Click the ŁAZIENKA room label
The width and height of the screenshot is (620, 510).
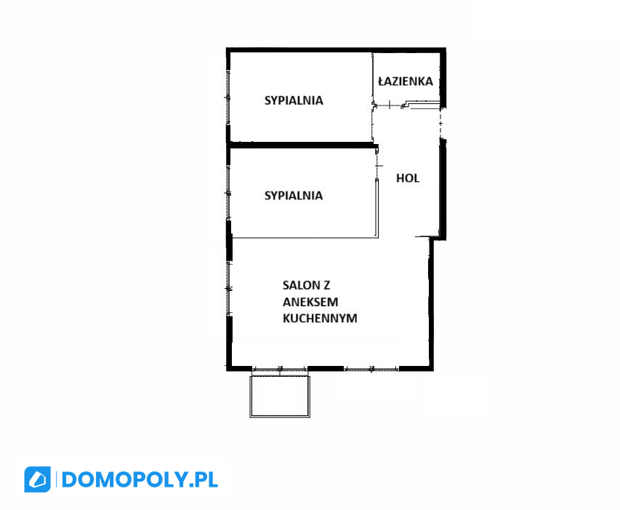406,81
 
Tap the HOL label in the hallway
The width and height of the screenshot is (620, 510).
407,178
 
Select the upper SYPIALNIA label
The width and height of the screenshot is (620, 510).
294,100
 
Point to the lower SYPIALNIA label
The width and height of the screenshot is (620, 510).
294,195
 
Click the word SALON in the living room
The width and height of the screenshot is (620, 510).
300,286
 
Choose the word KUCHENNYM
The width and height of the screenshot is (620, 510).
320,318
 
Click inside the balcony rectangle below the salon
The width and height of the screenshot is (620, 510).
280,396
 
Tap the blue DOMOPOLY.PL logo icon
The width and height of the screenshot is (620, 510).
37,479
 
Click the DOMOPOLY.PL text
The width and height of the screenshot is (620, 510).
140,479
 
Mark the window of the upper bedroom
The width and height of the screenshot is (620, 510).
228,97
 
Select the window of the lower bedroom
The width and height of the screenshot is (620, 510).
228,193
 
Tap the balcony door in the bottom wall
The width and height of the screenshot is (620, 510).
280,369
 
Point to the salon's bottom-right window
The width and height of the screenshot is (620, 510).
371,369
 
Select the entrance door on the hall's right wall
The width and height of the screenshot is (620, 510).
441,124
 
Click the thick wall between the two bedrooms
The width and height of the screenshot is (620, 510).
302,145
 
